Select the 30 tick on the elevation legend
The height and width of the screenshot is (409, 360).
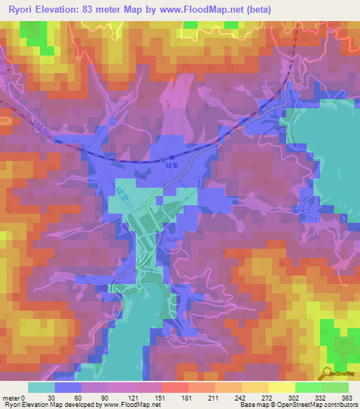click(x=54, y=398)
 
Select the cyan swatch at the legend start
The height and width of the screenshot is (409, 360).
click(x=41, y=388)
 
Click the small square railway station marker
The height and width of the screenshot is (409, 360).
click(x=172, y=157)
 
